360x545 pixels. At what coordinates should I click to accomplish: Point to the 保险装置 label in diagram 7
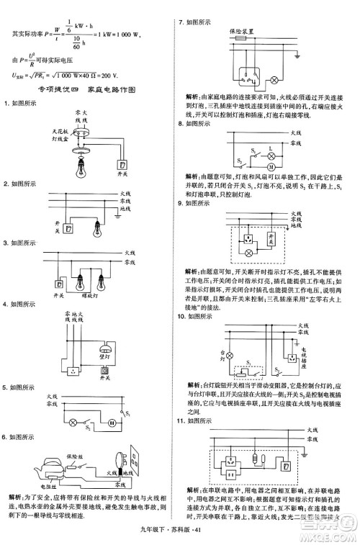(240, 31)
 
